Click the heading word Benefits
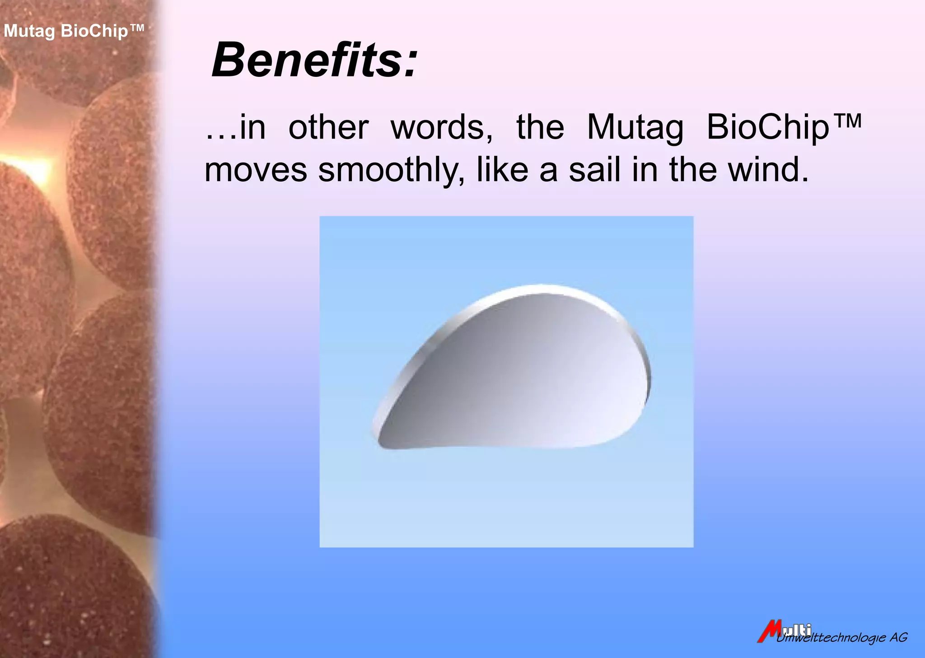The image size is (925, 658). [307, 60]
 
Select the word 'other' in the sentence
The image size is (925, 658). [328, 127]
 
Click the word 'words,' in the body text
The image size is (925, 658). [441, 127]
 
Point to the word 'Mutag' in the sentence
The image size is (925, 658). [635, 128]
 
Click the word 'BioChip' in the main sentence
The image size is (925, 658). [767, 128]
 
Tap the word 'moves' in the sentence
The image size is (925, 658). [256, 170]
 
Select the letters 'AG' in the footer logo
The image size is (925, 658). [898, 637]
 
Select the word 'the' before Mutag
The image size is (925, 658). [540, 127]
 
